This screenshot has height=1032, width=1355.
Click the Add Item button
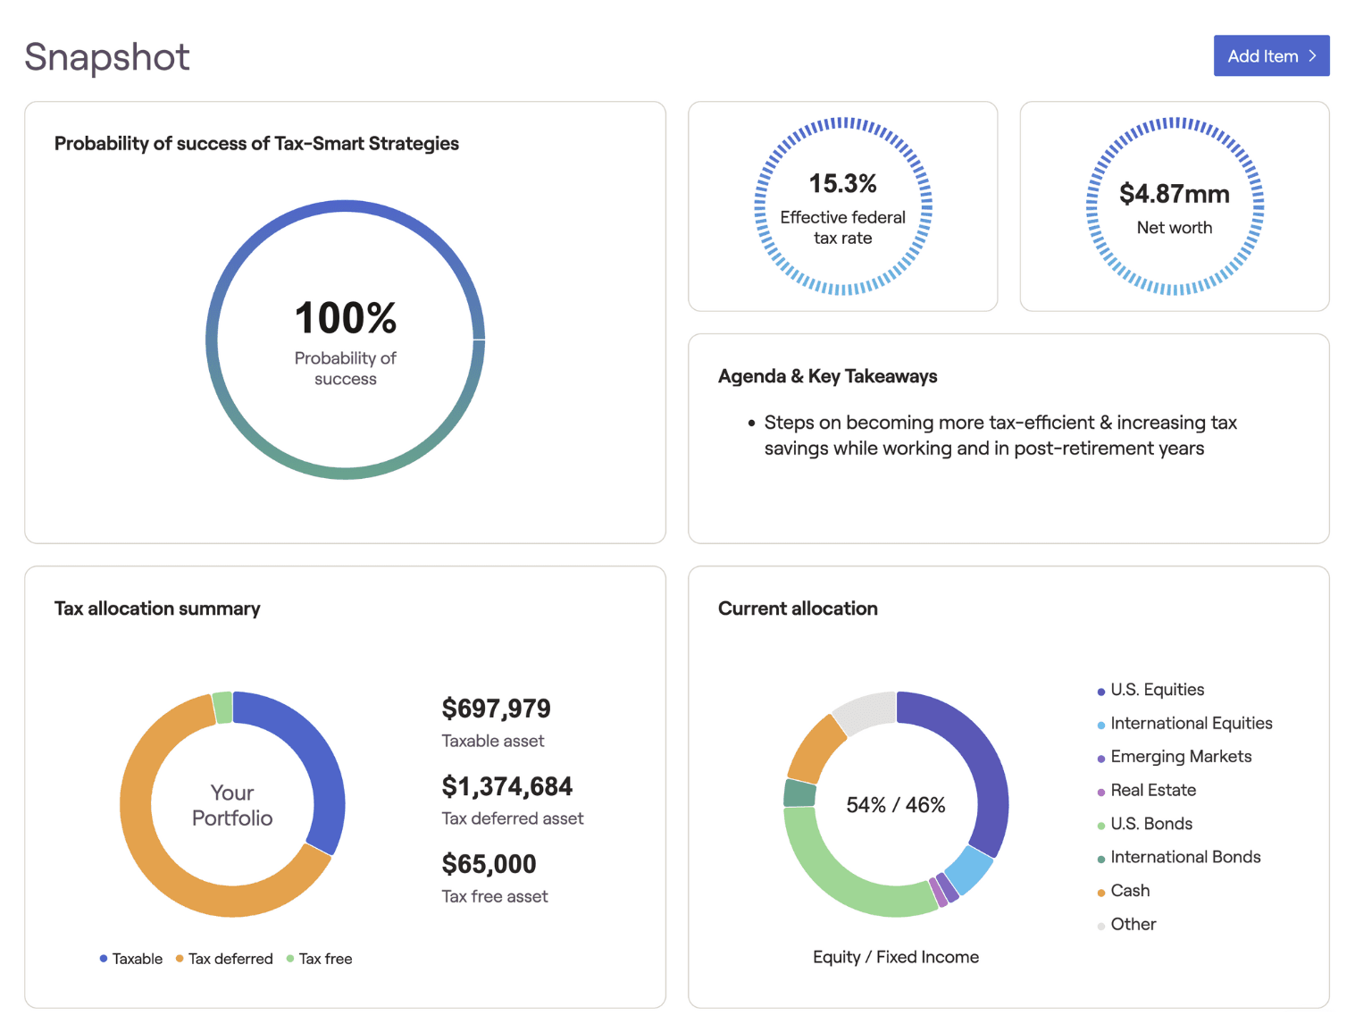point(1270,55)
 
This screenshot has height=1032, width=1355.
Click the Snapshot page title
point(106,57)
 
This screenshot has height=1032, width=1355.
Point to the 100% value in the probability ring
point(345,318)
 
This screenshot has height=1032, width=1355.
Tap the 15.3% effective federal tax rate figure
point(842,184)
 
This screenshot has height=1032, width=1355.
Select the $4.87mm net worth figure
point(1174,194)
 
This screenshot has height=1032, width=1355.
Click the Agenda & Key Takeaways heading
point(827,376)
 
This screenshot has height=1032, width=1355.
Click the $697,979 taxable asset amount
point(496,709)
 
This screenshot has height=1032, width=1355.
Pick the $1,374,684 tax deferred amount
point(506,786)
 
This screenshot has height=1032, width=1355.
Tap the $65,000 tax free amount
point(489,864)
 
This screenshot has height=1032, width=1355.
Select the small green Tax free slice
point(222,708)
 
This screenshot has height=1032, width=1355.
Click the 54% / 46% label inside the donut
point(895,805)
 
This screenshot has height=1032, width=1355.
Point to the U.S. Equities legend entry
point(1156,690)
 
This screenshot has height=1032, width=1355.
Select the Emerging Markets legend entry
point(1180,757)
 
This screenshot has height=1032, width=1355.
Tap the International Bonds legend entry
point(1184,857)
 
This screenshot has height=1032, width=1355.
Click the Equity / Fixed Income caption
point(895,957)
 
